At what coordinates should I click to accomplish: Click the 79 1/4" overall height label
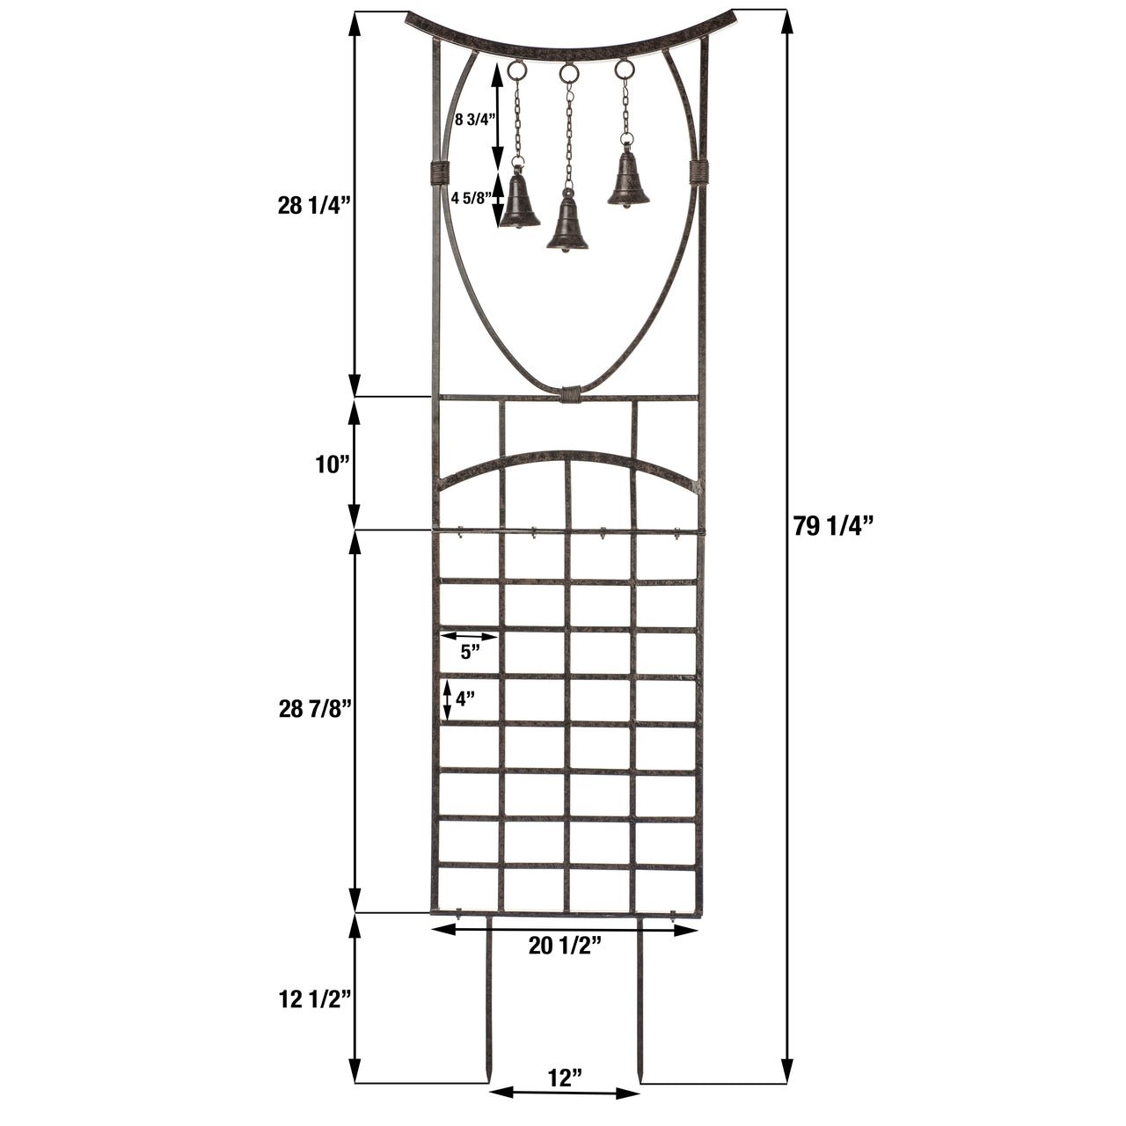point(831,526)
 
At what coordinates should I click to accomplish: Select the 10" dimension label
point(333,464)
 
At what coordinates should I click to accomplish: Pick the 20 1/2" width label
point(565,946)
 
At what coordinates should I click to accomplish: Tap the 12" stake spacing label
point(565,1077)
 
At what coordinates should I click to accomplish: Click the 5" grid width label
point(470,652)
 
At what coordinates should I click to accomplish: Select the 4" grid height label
point(465,700)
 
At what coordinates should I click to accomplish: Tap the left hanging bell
point(519,201)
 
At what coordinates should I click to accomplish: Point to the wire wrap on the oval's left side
point(439,172)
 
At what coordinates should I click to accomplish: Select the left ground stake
point(487,1003)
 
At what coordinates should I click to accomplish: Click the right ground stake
point(642,1003)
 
